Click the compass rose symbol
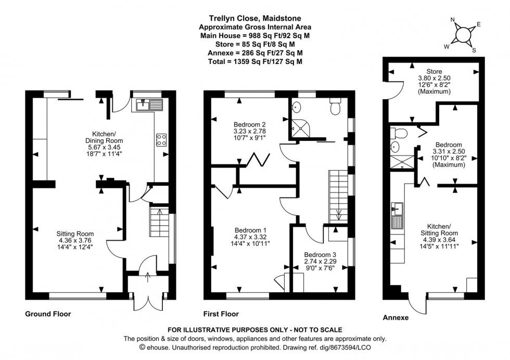pos(462,35)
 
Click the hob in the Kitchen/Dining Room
pos(161,139)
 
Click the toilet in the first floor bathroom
pos(335,108)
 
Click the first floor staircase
pos(339,196)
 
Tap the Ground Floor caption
pos(48,314)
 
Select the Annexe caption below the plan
pos(396,317)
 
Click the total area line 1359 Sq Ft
pos(254,61)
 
